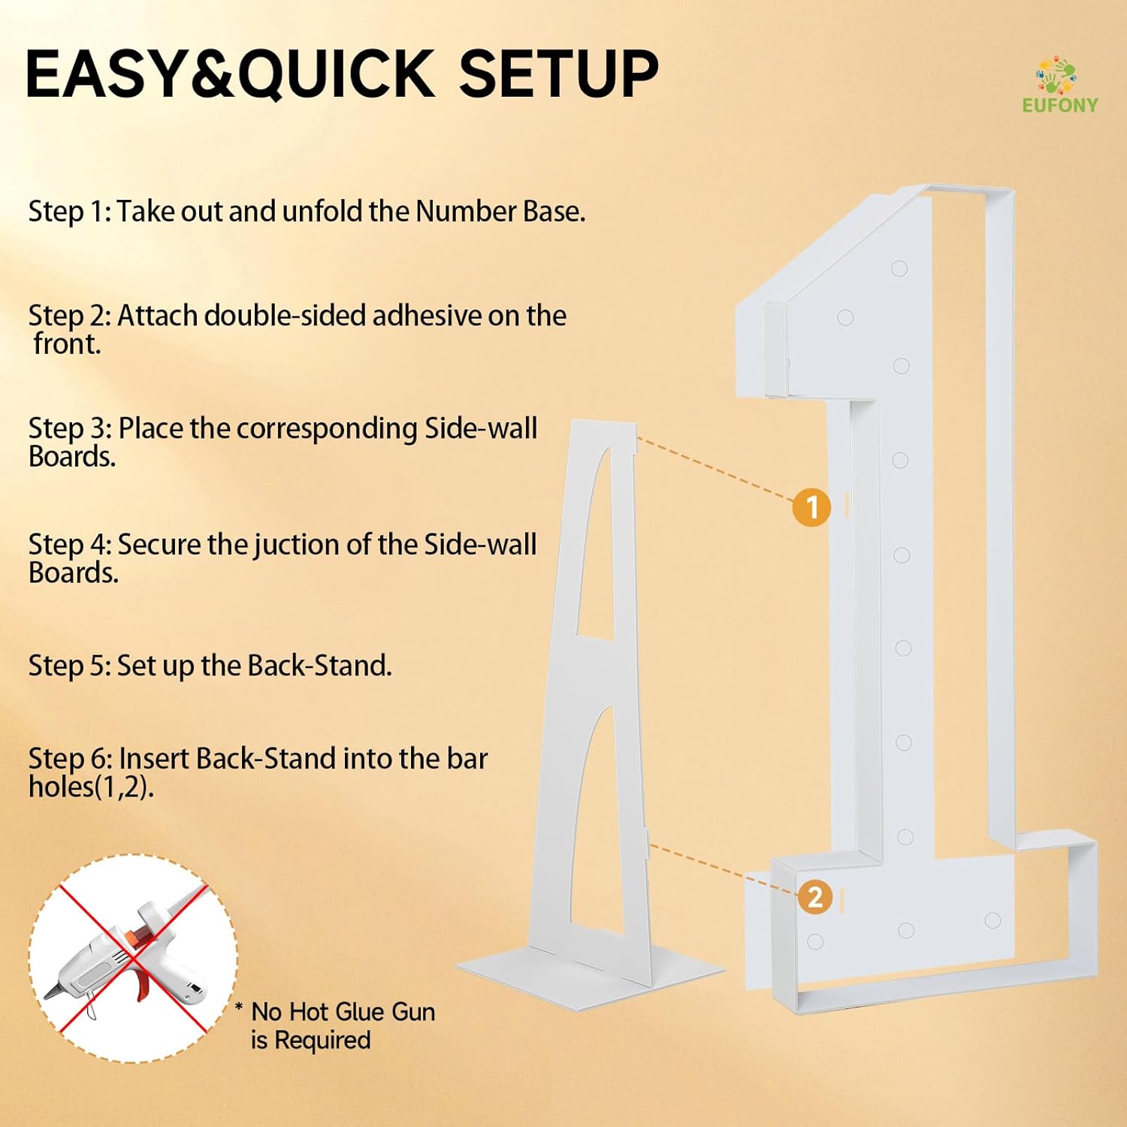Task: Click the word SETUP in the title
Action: (558, 74)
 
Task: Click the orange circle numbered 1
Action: (811, 507)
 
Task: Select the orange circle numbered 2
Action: (814, 897)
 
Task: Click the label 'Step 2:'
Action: (70, 316)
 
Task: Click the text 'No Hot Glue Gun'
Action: (343, 1012)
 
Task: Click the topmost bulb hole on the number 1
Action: (899, 268)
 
